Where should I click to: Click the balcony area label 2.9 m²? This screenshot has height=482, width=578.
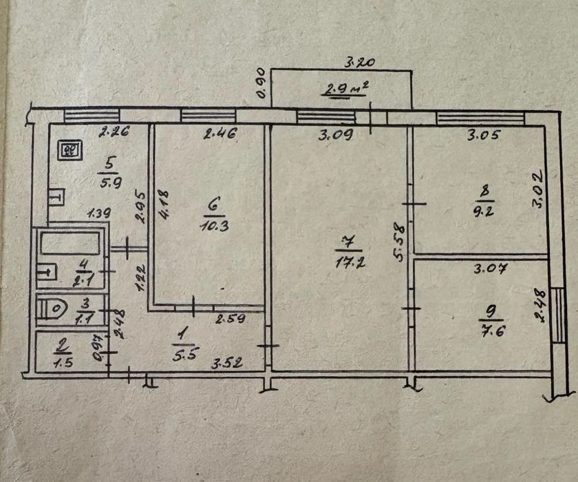(x=345, y=90)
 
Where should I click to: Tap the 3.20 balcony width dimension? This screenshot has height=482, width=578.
(x=359, y=63)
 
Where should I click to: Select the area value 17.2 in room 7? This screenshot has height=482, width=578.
(x=350, y=262)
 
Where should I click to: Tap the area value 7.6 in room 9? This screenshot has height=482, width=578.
(x=493, y=331)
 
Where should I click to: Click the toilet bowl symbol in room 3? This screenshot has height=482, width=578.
(x=53, y=308)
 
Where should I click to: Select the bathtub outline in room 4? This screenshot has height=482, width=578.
(x=70, y=242)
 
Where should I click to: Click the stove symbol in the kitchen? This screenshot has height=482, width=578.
(x=69, y=151)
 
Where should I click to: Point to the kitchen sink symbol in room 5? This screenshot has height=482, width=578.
(x=56, y=198)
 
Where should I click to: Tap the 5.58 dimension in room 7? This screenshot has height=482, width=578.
(x=400, y=242)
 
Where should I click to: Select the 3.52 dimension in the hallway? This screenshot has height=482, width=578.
(x=226, y=364)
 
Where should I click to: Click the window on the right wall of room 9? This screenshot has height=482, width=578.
(x=559, y=315)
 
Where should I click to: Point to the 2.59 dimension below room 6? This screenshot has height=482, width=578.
(x=231, y=318)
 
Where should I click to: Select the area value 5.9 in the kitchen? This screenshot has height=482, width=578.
(x=110, y=183)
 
